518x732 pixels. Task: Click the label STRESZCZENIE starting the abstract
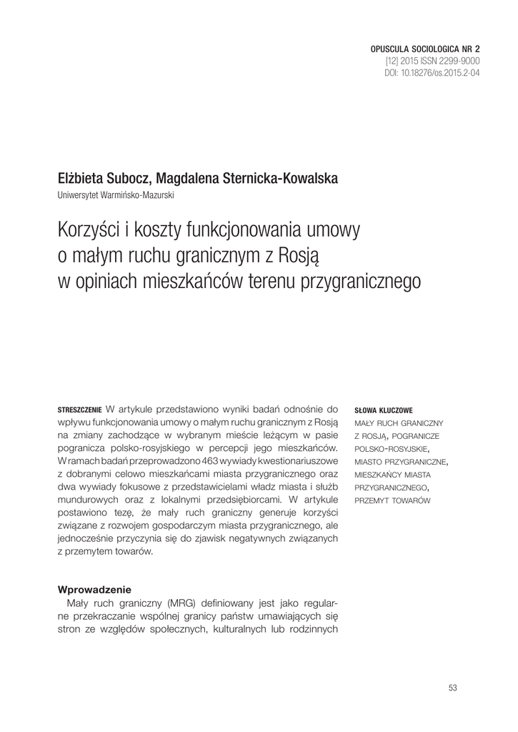[80, 410]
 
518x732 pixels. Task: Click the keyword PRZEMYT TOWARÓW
[392, 498]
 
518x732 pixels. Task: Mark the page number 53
[452, 688]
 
